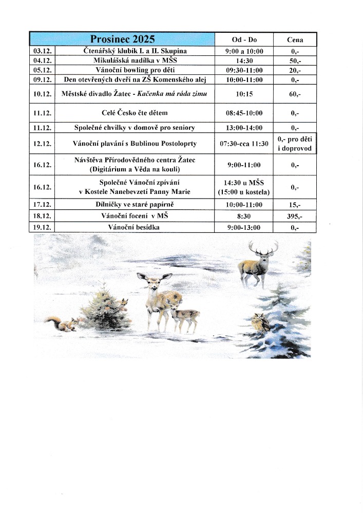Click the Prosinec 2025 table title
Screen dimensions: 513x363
[x=122, y=40]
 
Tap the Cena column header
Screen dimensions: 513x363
[x=295, y=40]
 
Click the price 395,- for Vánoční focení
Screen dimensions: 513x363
[x=295, y=216]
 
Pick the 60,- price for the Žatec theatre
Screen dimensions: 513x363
[x=295, y=94]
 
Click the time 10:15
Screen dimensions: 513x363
[x=244, y=94]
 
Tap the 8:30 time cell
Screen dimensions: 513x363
[x=244, y=216]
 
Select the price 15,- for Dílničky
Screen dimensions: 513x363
[x=295, y=205]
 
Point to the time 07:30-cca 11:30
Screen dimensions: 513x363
[x=244, y=144]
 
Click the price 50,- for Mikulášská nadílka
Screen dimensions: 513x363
[x=295, y=61]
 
